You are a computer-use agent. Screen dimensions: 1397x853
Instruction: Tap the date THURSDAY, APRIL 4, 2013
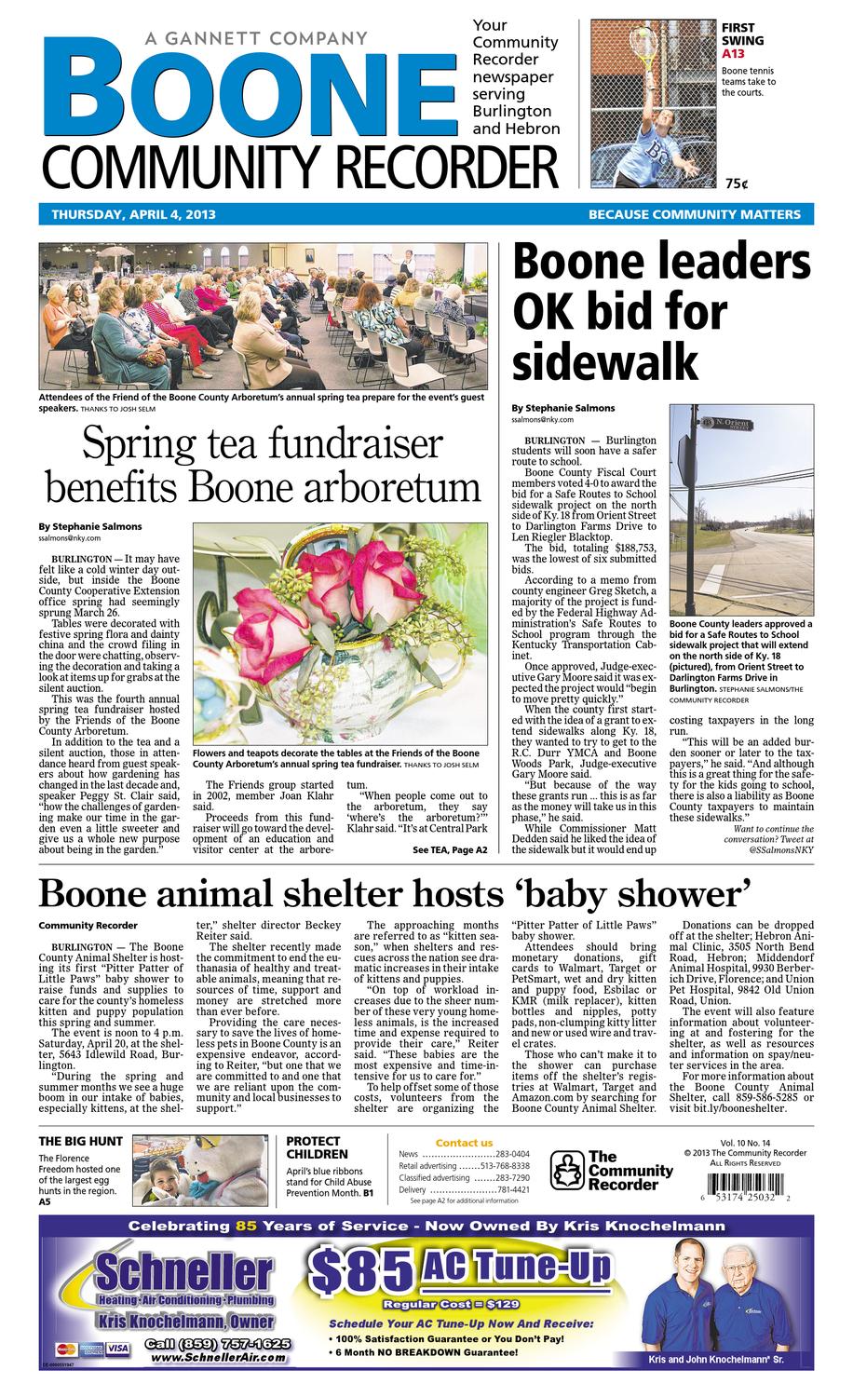point(133,214)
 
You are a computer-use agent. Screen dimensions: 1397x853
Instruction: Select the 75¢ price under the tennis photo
point(737,183)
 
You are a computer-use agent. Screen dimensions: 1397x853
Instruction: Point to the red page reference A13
point(734,55)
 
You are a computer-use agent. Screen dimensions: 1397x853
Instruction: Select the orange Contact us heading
point(464,1143)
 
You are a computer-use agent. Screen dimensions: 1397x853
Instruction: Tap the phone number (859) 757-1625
point(219,1344)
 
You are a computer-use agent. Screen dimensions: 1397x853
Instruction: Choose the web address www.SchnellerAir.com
point(217,1359)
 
